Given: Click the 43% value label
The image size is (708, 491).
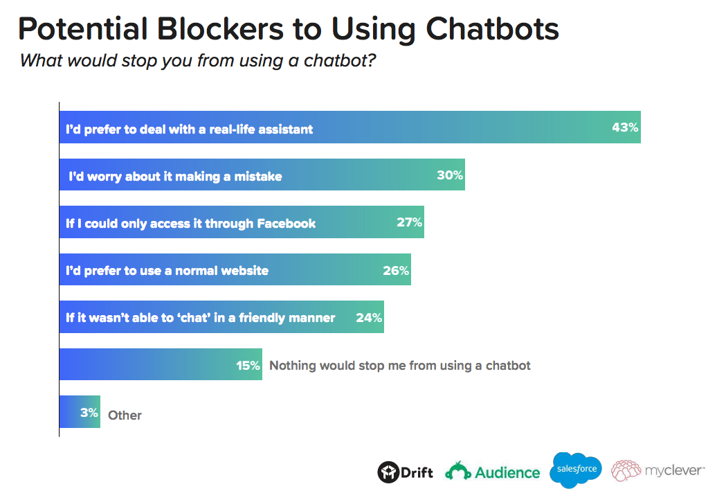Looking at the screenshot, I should pos(624,127).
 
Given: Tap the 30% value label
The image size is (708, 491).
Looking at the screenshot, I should pos(449,175).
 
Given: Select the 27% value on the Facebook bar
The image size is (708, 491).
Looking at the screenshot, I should pos(409,222).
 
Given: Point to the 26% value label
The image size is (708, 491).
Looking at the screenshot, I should pos(396,270).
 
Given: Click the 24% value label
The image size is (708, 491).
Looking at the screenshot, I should pos(369,318).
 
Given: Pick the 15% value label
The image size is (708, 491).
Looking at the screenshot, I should pos(248,365).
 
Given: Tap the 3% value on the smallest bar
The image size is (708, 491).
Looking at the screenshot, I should pos(89,413).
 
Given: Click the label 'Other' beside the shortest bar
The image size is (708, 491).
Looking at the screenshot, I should pos(125,416).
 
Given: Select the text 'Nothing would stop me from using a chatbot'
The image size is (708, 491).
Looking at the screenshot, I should pos(400,365).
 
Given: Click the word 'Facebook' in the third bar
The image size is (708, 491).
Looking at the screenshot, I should pos(286,224).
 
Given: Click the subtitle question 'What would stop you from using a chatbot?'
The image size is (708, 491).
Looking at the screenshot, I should pos(198,60).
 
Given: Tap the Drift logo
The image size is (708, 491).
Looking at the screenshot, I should pos(406,472).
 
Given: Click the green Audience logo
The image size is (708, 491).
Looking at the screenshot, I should pos(492,472).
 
